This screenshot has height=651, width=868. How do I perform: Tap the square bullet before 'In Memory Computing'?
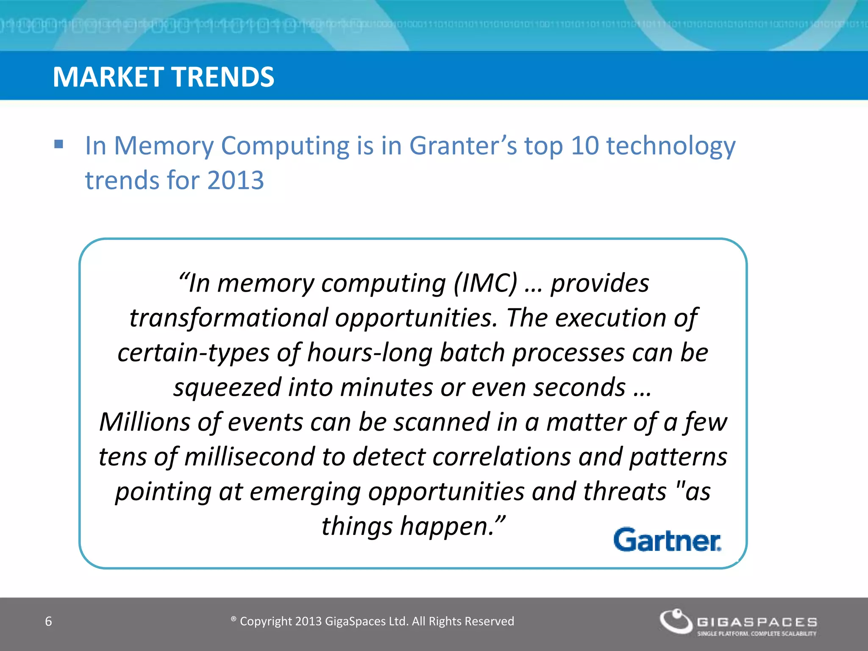(59, 145)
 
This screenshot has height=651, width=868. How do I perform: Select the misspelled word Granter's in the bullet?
(463, 146)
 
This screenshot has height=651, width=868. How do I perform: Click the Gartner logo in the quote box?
(667, 540)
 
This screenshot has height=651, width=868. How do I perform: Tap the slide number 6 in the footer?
(48, 621)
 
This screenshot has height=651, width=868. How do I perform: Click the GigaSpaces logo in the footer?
(737, 622)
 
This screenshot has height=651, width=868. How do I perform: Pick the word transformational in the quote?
(229, 318)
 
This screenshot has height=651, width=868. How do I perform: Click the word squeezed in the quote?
(227, 387)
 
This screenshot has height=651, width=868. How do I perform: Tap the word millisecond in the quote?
(250, 457)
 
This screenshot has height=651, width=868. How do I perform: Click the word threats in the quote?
(625, 492)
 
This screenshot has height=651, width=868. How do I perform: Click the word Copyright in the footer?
(266, 621)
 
